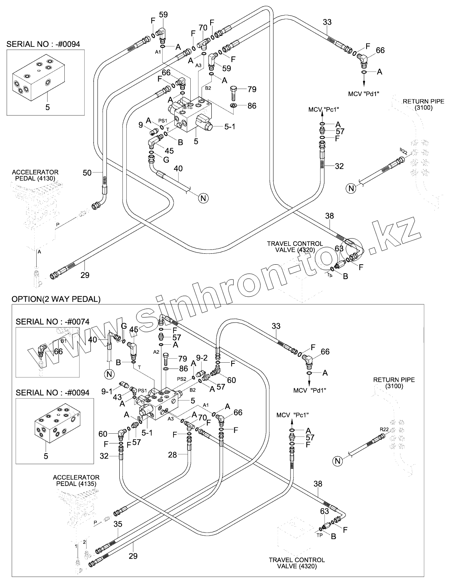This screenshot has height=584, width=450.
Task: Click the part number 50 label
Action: pyautogui.click(x=87, y=172)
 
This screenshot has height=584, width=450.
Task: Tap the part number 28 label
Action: pyautogui.click(x=172, y=455)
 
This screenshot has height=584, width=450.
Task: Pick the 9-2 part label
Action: pyautogui.click(x=202, y=357)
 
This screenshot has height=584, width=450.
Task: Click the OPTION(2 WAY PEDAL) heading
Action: pyautogui.click(x=56, y=299)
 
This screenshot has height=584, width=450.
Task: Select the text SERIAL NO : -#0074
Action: pyautogui.click(x=53, y=322)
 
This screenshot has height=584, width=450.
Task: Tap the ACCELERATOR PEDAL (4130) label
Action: pyautogui.click(x=35, y=175)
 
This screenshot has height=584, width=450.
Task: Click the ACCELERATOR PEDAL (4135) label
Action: pyautogui.click(x=76, y=480)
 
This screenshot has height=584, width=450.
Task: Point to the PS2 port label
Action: pyautogui.click(x=181, y=378)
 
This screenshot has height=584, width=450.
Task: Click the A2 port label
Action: pyautogui.click(x=156, y=352)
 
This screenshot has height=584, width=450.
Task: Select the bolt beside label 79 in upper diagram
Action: pyautogui.click(x=234, y=92)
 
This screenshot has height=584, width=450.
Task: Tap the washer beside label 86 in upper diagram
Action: pyautogui.click(x=233, y=106)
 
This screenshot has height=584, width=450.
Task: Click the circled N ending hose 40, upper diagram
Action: pyautogui.click(x=203, y=198)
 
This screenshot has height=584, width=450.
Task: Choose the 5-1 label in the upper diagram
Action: pyautogui.click(x=230, y=126)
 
